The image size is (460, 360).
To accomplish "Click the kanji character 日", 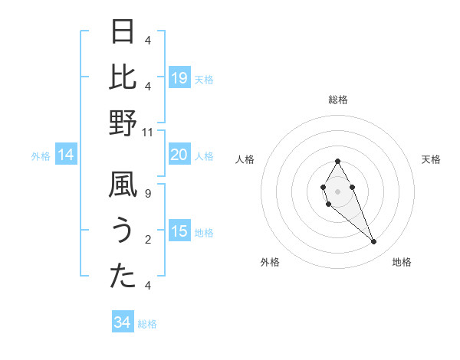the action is tap(123, 32).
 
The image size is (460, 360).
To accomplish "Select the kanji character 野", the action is tap(123, 123).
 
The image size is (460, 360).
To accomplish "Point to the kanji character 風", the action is tap(123, 186).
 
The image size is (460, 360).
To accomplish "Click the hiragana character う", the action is tap(123, 231).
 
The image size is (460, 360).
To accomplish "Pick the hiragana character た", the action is tap(123, 276).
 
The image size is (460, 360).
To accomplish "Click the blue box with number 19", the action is tap(179, 78).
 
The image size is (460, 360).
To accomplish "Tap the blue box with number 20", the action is tap(179, 155).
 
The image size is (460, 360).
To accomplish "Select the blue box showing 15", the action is tap(179, 232).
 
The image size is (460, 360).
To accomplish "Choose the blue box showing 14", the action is tap(66, 155).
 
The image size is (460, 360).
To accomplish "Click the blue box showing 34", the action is tap(122, 323).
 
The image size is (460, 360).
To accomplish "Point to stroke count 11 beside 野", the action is tap(148, 132).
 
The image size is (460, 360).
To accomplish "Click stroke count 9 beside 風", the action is tap(148, 194).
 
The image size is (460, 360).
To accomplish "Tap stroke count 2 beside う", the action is tap(148, 240).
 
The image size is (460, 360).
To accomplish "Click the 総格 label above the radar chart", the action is tap(338, 100).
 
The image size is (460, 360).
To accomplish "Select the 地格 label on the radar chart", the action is tap(402, 262).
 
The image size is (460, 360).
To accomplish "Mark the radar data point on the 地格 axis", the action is tap(373, 242).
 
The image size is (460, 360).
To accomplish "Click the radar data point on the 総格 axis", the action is tap(337, 161).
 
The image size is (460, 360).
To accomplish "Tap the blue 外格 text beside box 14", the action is tap(41, 156).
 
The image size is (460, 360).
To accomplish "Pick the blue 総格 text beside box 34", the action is tap(147, 324).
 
